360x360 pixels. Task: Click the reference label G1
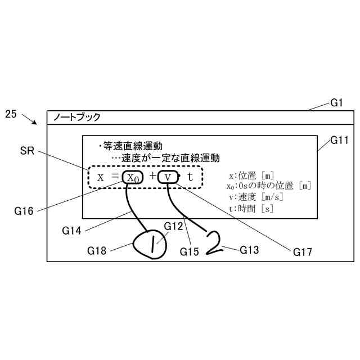click(x=336, y=103)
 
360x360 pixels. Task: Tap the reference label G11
click(x=339, y=139)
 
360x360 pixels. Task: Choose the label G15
click(x=190, y=251)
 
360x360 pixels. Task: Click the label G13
click(x=249, y=249)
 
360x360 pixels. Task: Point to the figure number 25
click(x=11, y=114)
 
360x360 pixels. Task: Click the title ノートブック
click(x=77, y=118)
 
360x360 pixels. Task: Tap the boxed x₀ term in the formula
click(x=133, y=177)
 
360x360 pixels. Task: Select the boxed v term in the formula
click(x=168, y=177)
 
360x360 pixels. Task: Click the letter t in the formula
click(x=190, y=177)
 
